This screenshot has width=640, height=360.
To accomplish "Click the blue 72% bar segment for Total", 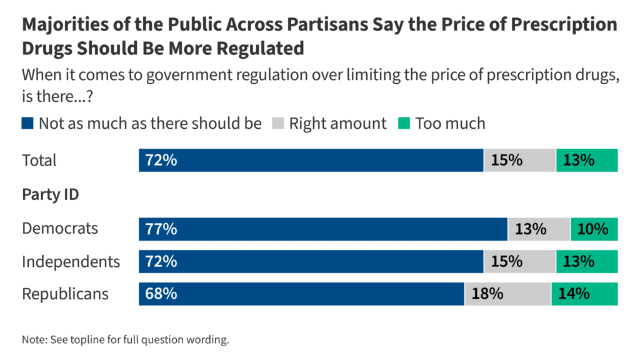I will (311, 160).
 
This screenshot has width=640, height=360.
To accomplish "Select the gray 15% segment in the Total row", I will (519, 160).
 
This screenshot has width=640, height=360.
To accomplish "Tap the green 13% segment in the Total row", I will (586, 160).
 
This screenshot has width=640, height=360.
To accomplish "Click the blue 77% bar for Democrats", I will (322, 229).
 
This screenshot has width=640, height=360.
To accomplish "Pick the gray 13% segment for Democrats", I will (539, 229).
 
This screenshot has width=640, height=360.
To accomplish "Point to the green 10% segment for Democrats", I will (594, 229).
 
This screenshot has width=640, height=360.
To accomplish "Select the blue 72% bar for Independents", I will (311, 261).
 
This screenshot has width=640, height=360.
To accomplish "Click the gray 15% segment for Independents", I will (519, 261).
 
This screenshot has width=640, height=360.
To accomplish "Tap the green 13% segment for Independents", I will (586, 261).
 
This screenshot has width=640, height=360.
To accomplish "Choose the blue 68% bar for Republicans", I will (301, 294).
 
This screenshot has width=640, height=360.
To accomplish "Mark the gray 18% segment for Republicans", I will (507, 294).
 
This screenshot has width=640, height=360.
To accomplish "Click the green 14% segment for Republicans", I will (584, 294).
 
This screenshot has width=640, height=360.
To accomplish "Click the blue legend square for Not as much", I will (27, 123).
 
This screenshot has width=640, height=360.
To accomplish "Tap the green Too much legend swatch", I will (403, 123).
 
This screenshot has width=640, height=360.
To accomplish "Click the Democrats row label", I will (60, 228).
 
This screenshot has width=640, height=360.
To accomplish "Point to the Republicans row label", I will (65, 294).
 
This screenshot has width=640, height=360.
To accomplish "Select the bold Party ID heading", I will (51, 194).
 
